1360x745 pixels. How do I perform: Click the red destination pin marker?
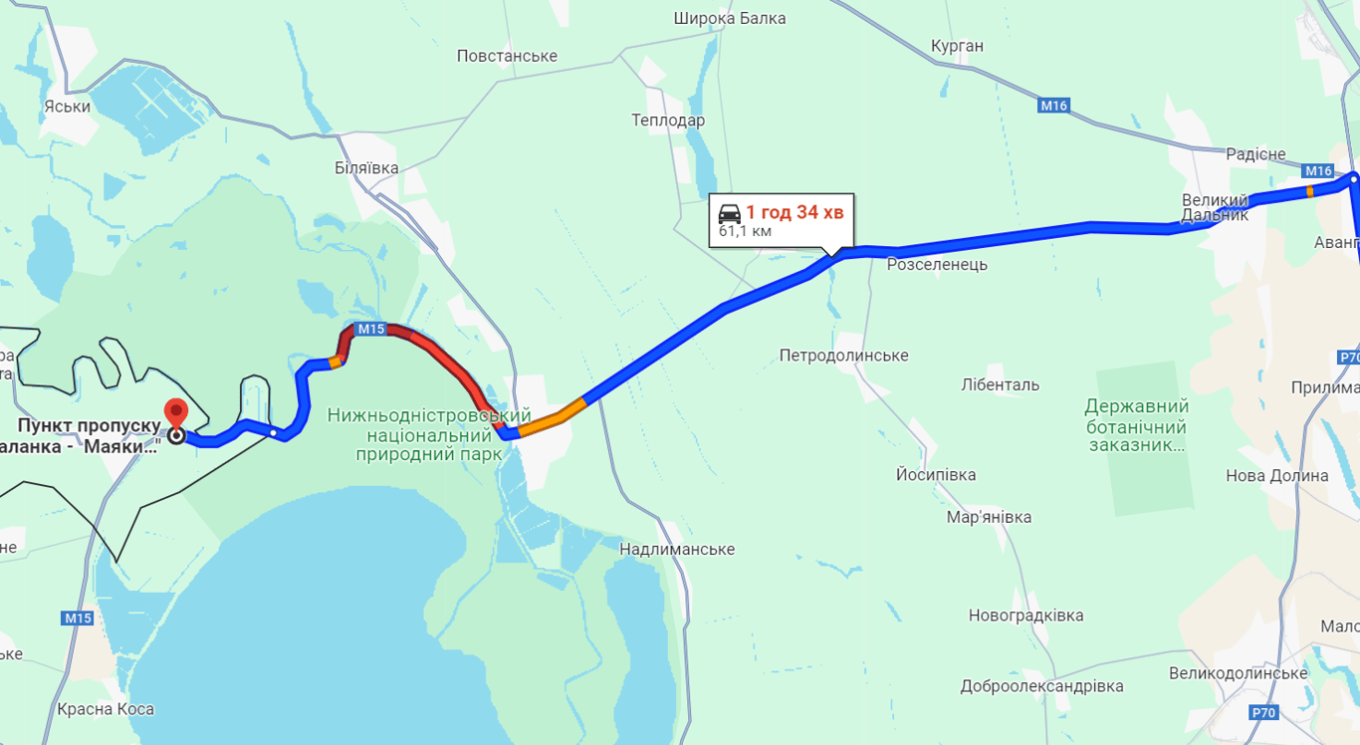tap(176, 412)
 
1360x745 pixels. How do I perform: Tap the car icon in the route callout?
tap(730, 212)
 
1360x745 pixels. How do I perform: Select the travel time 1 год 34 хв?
tap(794, 212)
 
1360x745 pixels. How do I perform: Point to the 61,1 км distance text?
tap(745, 232)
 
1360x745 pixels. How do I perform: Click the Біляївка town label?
tap(366, 168)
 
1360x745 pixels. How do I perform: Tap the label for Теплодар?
tap(668, 121)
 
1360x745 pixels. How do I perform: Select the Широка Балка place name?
tap(729, 18)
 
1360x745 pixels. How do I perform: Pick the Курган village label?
tap(957, 46)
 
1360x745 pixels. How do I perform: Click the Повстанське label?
tap(507, 56)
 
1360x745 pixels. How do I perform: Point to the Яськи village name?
tap(68, 107)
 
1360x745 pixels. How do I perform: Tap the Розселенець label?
tap(937, 264)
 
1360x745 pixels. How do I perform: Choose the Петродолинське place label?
tap(843, 356)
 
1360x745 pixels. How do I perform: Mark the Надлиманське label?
tap(677, 549)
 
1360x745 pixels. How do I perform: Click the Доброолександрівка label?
tap(1041, 686)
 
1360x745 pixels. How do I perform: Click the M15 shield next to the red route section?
tap(370, 329)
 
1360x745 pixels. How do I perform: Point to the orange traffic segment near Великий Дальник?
tap(1309, 190)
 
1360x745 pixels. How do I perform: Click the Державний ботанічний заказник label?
tap(1137, 425)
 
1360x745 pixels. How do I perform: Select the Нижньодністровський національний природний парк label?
tap(429, 434)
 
